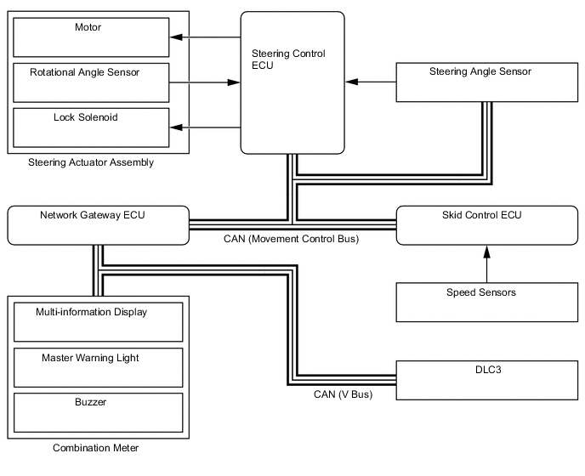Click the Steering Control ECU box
point(292,82)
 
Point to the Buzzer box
point(96,411)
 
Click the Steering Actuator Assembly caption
point(91,162)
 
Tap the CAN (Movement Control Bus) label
point(291,240)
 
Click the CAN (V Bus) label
point(344,394)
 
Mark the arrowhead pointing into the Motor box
point(175,37)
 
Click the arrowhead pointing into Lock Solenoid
point(175,127)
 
